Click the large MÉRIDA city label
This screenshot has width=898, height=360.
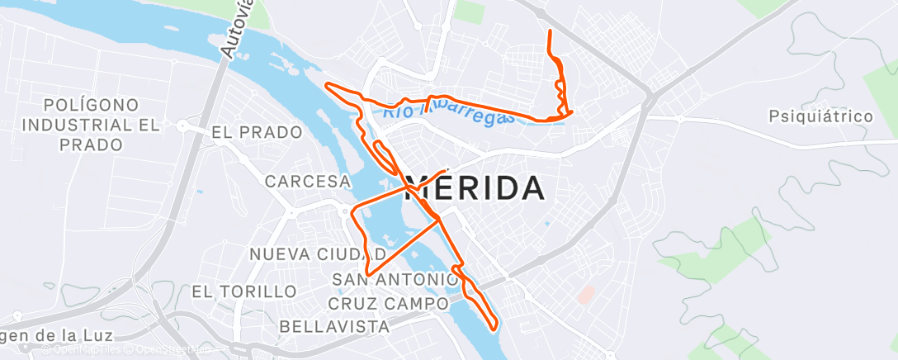tap(477, 188)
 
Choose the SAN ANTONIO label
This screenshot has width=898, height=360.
tap(394, 279)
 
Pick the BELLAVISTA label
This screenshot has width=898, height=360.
tap(335, 326)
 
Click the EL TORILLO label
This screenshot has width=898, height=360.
tap(243, 291)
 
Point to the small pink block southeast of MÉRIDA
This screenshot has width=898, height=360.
tap(585, 293)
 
